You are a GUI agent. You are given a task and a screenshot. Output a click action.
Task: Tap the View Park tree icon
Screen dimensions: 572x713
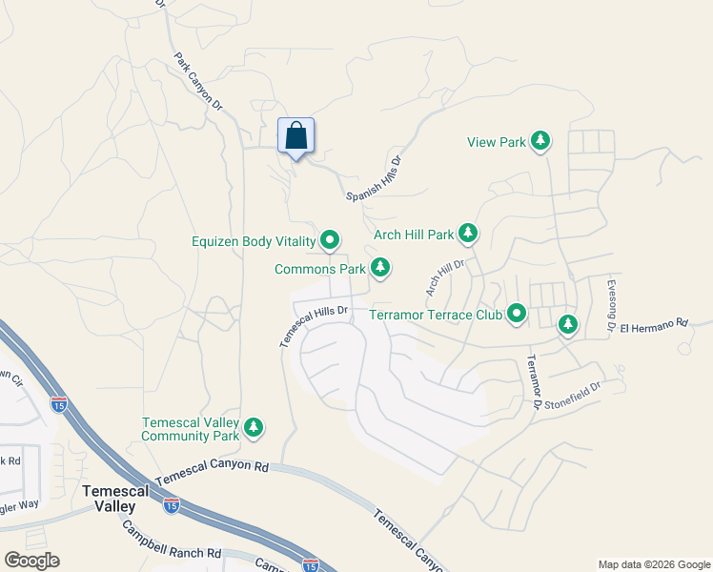pyautogui.click(x=540, y=142)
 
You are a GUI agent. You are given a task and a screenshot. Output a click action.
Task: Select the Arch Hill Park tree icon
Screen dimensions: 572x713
pyautogui.click(x=467, y=234)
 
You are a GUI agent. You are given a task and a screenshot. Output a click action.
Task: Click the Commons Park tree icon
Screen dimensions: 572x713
pyautogui.click(x=380, y=269)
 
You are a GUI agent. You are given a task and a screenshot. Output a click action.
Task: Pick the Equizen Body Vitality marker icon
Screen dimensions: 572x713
pyautogui.click(x=330, y=240)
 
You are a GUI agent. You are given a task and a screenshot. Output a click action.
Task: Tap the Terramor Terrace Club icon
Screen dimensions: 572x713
pyautogui.click(x=517, y=313)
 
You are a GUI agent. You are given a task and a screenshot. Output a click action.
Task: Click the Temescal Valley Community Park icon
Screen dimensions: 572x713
pyautogui.click(x=254, y=428)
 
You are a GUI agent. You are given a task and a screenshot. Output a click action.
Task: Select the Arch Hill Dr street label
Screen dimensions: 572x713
pyautogui.click(x=445, y=277)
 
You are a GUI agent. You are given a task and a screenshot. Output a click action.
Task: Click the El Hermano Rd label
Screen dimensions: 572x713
pyautogui.click(x=653, y=326)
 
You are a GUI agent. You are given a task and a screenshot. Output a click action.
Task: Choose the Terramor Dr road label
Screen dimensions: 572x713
pyautogui.click(x=534, y=384)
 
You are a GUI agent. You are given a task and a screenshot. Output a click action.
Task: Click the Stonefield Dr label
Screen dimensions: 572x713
pyautogui.click(x=577, y=394)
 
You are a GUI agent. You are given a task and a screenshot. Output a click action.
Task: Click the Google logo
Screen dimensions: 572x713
pyautogui.click(x=31, y=561)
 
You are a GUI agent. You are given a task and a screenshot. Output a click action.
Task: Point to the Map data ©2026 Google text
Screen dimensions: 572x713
pyautogui.click(x=653, y=564)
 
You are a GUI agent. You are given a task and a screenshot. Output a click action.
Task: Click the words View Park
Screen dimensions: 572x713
pyautogui.click(x=497, y=143)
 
